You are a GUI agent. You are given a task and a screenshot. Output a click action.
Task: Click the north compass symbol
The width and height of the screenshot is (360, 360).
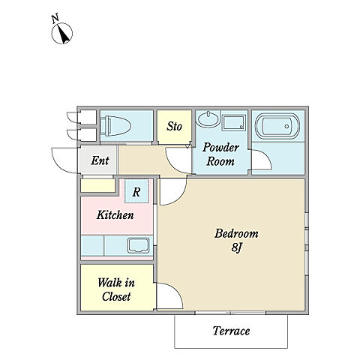click(x=62, y=33)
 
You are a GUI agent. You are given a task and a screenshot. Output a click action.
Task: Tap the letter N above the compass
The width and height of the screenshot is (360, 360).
click(x=55, y=19)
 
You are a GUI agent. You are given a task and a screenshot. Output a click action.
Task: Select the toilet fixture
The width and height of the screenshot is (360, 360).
click(x=115, y=126)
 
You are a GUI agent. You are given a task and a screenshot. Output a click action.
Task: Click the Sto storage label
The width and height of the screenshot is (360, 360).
click(x=174, y=126)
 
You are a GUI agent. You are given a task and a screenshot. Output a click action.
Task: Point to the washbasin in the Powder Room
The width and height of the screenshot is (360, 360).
click(x=208, y=118)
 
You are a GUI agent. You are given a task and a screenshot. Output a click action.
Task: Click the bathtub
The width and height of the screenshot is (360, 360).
click(x=277, y=127)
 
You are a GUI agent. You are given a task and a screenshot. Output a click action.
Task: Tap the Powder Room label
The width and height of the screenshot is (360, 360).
click(x=220, y=154)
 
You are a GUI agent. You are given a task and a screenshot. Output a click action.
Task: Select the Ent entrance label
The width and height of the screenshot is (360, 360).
click(x=100, y=160)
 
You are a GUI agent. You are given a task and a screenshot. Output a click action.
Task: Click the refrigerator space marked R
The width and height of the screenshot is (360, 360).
click(x=136, y=191)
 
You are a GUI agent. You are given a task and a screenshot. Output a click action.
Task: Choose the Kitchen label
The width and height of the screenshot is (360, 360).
click(x=115, y=215)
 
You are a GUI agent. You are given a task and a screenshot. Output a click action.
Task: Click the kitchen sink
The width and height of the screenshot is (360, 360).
click(x=139, y=245)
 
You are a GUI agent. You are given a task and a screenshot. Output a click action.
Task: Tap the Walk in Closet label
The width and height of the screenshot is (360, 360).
click(x=116, y=289)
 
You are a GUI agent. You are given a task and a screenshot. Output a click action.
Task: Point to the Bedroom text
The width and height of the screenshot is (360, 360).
click(x=236, y=233)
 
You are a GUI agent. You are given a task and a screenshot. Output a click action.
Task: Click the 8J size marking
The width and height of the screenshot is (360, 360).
click(x=237, y=247)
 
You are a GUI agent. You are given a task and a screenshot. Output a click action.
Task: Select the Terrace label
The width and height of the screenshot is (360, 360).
click(x=231, y=331)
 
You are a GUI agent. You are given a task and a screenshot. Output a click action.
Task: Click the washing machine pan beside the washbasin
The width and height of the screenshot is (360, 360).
click(x=234, y=122)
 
